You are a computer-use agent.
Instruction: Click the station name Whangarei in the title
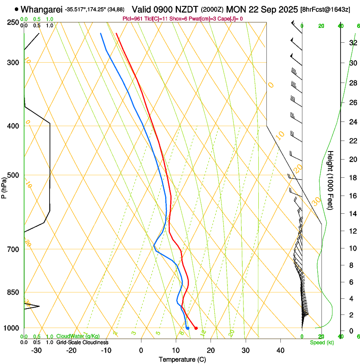coord(42,9)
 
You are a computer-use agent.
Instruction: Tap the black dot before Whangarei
coord(17,9)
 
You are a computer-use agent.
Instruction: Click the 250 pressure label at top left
coord(13,22)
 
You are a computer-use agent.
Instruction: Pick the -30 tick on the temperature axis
coord(36,350)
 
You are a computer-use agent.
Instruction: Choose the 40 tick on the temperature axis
coord(280,350)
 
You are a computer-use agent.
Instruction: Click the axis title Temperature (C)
coord(182,359)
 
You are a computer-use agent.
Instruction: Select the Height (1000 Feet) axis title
coord(331,180)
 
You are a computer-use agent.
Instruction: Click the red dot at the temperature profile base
coord(196,328)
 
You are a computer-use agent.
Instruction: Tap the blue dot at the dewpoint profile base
coord(187,328)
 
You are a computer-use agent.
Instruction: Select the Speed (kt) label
coord(321,342)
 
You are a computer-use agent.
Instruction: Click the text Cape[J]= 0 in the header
coord(230,19)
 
